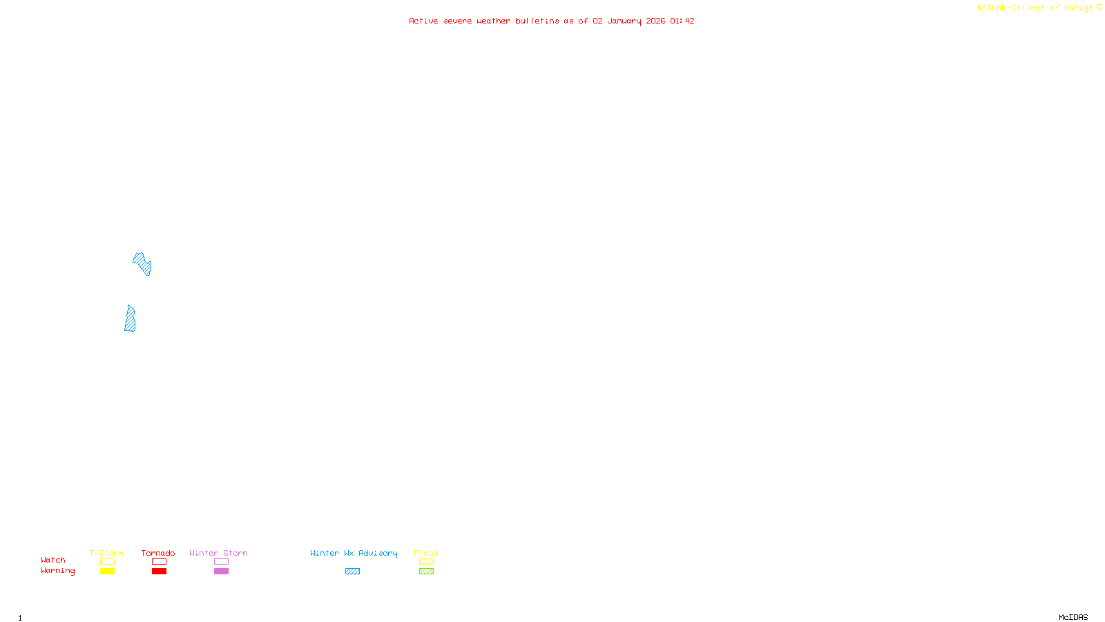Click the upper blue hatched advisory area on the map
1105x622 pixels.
pyautogui.click(x=142, y=263)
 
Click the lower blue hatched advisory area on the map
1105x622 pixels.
pyautogui.click(x=130, y=320)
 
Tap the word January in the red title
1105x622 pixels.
pyautogui.click(x=624, y=21)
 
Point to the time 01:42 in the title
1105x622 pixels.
pyautogui.click(x=682, y=21)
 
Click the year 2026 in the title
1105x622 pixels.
pyautogui.click(x=655, y=21)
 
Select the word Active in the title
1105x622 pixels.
pyautogui.click(x=423, y=21)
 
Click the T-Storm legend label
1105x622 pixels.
pyautogui.click(x=106, y=553)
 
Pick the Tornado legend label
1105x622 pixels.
pyautogui.click(x=158, y=553)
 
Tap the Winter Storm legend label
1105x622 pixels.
pyautogui.click(x=218, y=553)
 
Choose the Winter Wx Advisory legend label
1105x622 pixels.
pyautogui.click(x=354, y=553)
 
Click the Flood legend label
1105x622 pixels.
pyautogui.click(x=426, y=553)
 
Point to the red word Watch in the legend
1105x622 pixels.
pyautogui.click(x=53, y=560)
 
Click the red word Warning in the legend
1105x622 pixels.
pyautogui.click(x=57, y=571)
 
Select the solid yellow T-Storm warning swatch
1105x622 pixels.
pyautogui.click(x=107, y=572)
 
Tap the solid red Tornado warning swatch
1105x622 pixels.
pyautogui.click(x=159, y=572)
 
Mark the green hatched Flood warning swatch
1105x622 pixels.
pyautogui.click(x=426, y=572)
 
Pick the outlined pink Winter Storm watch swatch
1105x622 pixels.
pyautogui.click(x=221, y=562)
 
